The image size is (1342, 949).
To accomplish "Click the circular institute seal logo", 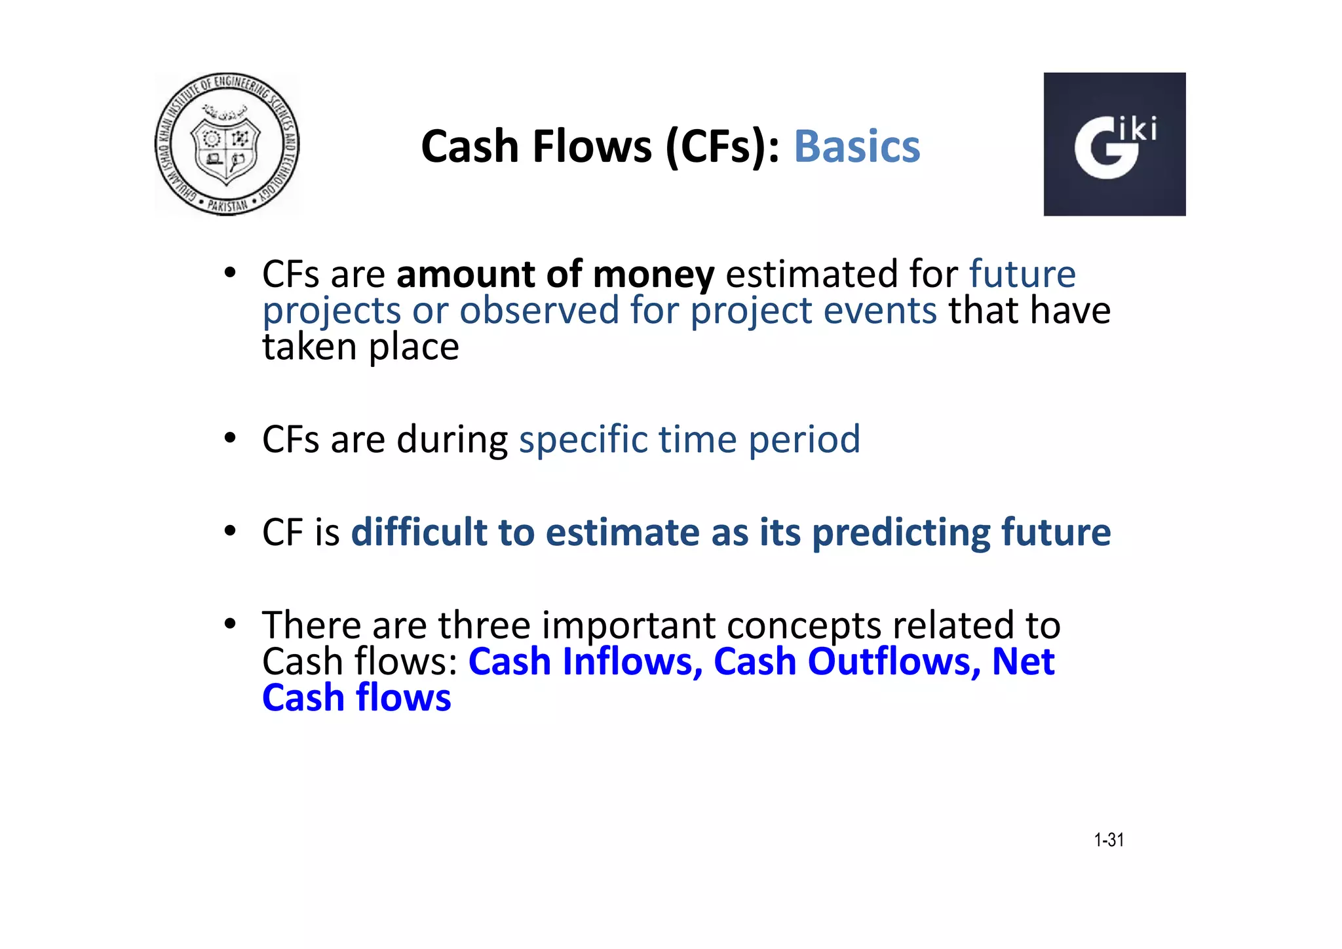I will (227, 144).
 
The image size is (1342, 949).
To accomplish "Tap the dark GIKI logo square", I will (1114, 144).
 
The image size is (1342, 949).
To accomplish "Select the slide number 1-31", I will (1109, 840).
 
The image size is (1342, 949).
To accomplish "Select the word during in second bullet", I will (452, 440).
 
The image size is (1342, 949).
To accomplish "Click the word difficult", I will (419, 532).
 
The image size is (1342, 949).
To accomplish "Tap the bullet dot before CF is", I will (229, 531).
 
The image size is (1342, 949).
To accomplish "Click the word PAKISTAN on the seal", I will (227, 205).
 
